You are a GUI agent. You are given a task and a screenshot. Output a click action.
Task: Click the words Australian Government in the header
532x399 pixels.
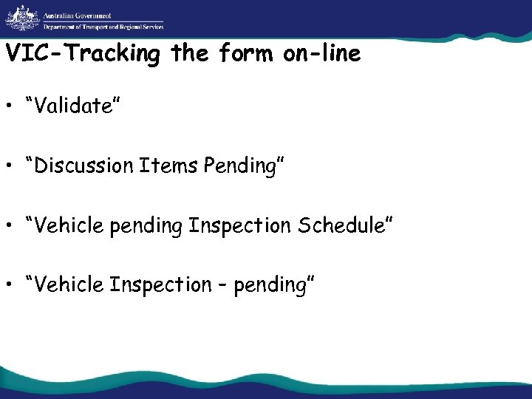pyautogui.click(x=76, y=15)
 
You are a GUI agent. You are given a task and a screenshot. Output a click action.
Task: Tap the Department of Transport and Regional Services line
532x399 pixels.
pyautogui.click(x=103, y=27)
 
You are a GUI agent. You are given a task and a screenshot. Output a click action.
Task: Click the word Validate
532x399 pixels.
pyautogui.click(x=71, y=107)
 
